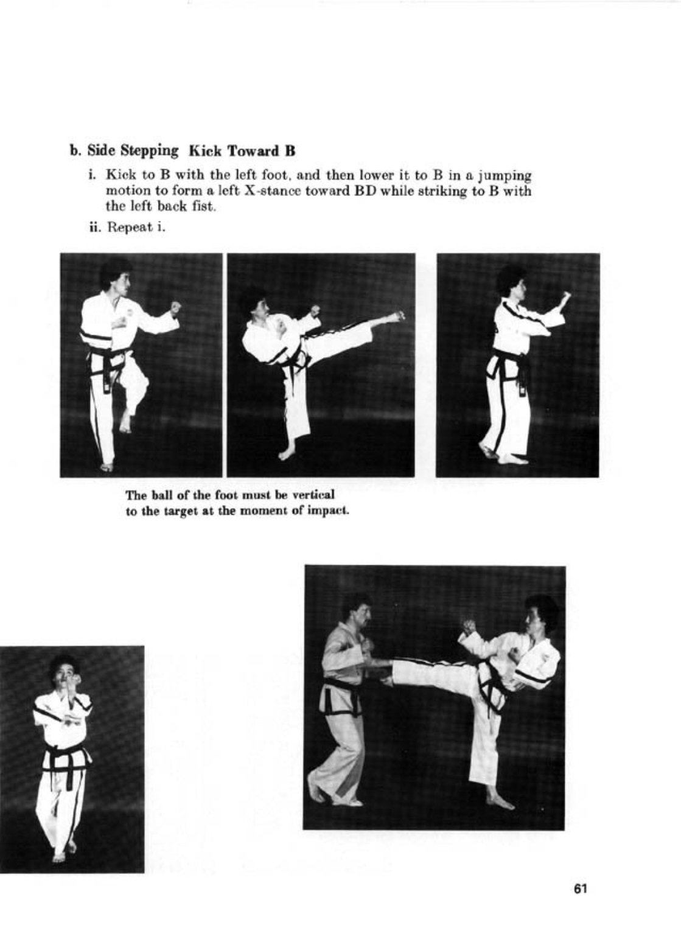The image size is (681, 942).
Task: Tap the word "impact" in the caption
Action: click(x=329, y=510)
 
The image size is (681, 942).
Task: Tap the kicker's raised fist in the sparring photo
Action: click(x=469, y=626)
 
